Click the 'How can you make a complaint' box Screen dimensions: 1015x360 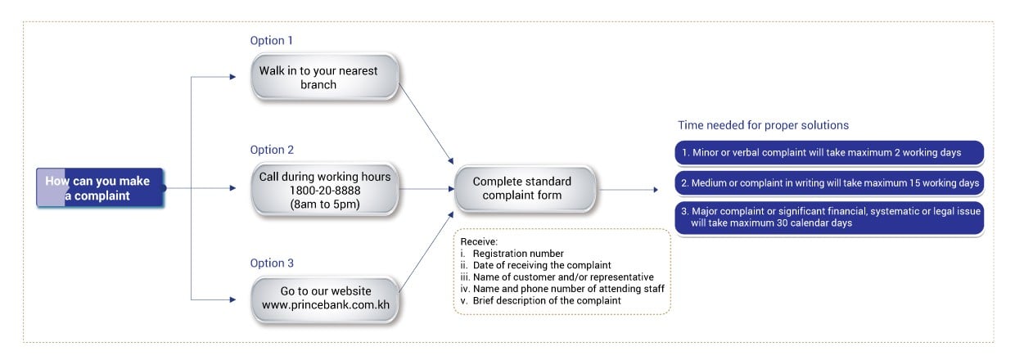[x=100, y=188]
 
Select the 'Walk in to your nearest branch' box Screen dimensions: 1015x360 [x=325, y=77]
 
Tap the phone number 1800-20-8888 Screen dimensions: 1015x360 [x=325, y=191]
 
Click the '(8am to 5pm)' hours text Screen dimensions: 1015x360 [x=325, y=205]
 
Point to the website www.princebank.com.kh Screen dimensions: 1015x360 [x=325, y=304]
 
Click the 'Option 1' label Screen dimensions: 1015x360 [x=272, y=40]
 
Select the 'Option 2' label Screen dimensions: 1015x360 [x=272, y=150]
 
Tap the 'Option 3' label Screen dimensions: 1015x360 [x=272, y=263]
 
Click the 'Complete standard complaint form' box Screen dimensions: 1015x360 [x=525, y=188]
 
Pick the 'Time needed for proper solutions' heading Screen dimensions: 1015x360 [x=763, y=125]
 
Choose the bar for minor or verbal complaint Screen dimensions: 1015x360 [x=829, y=153]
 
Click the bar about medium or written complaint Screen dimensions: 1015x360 [x=829, y=183]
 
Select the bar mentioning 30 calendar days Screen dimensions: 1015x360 [x=829, y=218]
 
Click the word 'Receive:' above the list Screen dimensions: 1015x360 [x=479, y=242]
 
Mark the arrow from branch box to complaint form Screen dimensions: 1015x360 [x=426, y=124]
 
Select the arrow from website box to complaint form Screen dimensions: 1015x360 [x=426, y=252]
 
